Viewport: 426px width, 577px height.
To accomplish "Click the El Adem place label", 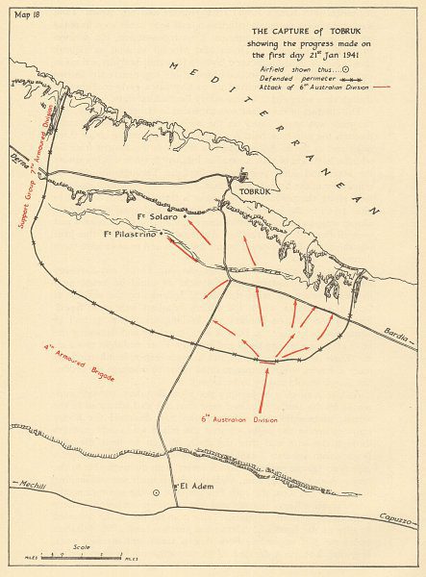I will coord(195,487).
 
